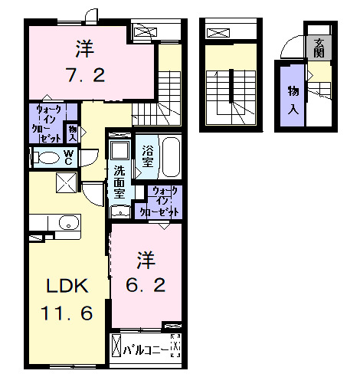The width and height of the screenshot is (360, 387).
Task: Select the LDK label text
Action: click(x=69, y=287)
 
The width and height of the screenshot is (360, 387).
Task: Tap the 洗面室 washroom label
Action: click(x=120, y=182)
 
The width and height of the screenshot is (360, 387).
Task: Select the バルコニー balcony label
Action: click(x=145, y=351)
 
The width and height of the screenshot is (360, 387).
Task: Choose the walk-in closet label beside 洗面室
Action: click(x=159, y=201)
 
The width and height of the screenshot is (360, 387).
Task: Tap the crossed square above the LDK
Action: click(x=66, y=183)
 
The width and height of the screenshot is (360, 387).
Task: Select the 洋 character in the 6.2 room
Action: click(x=146, y=257)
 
